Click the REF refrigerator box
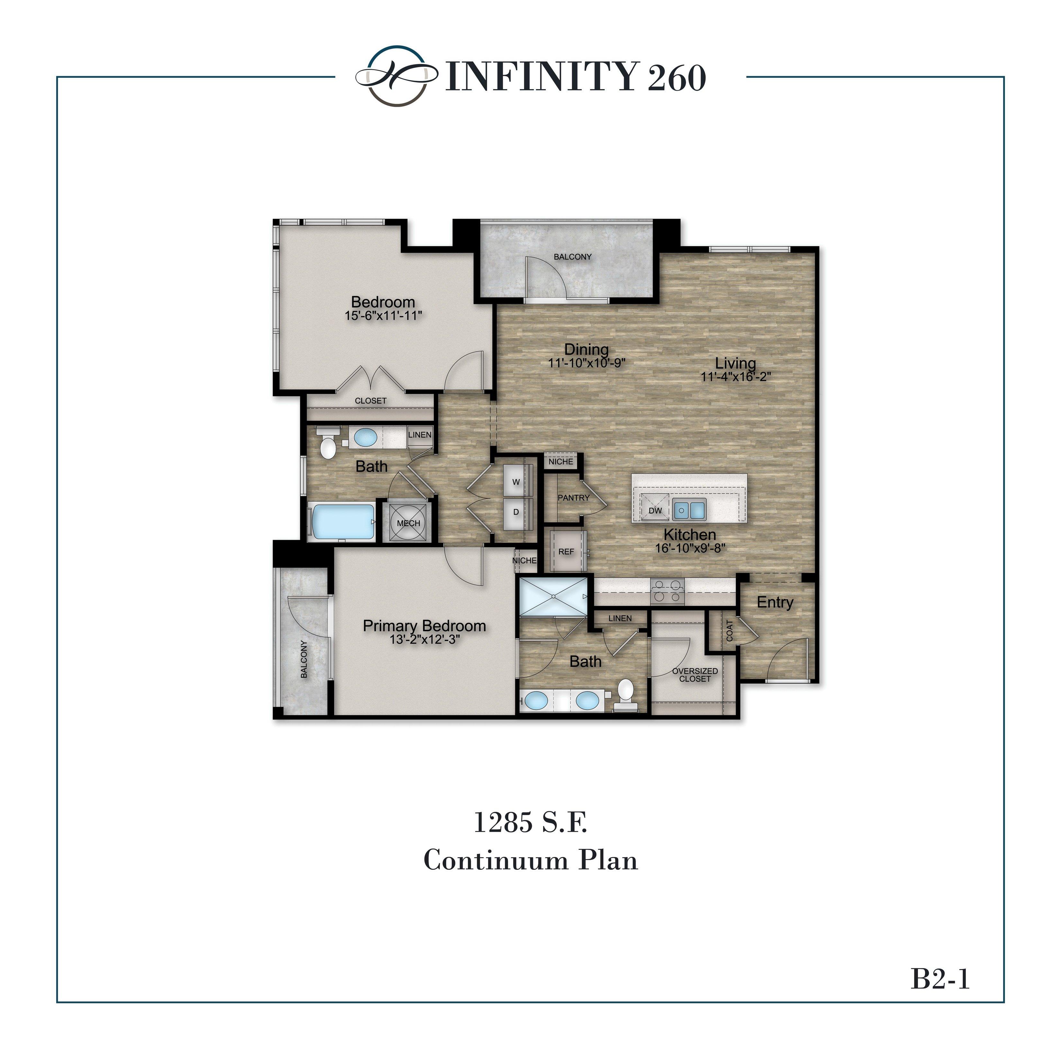(x=566, y=551)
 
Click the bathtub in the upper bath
(x=343, y=522)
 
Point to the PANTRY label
(x=573, y=498)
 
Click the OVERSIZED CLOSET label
(x=695, y=675)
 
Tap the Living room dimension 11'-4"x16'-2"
(x=735, y=377)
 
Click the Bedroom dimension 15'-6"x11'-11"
(x=383, y=316)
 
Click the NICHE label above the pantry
(x=561, y=461)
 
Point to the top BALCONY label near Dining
(x=572, y=257)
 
